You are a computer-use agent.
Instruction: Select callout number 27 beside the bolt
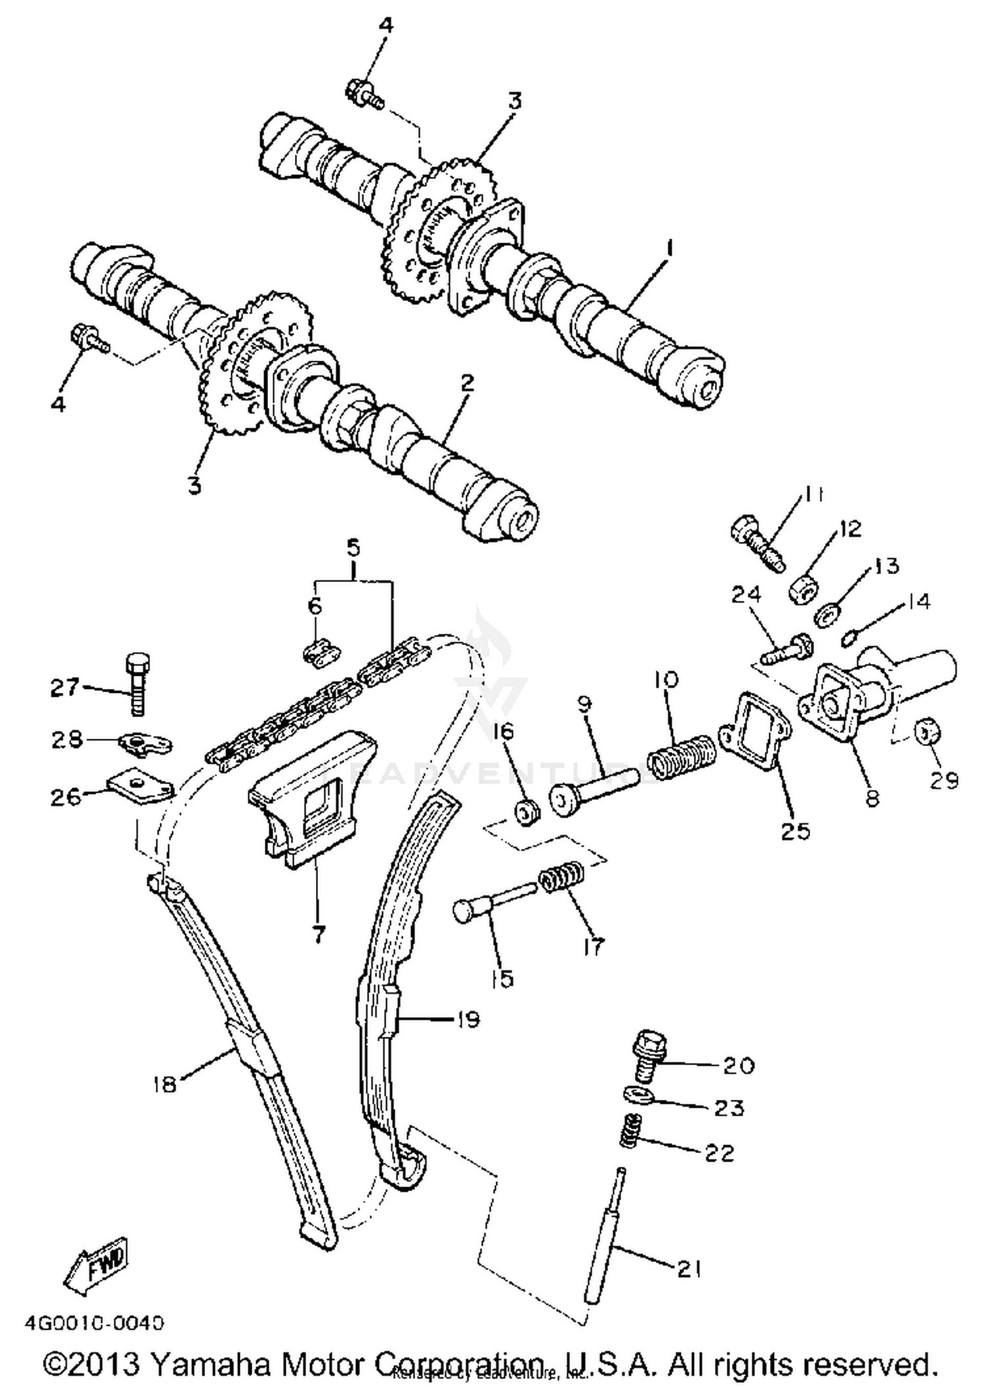pyautogui.click(x=66, y=688)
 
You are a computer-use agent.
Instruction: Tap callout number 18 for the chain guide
pyautogui.click(x=164, y=1084)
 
